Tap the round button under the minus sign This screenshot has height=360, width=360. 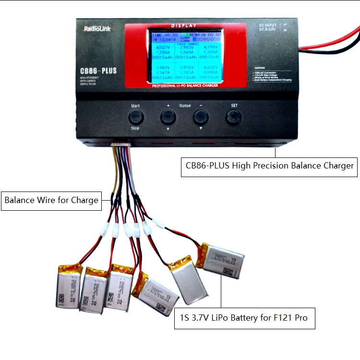coord(201,117)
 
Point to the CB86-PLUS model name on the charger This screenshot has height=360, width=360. coord(98,71)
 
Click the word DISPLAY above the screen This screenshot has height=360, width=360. coord(184,25)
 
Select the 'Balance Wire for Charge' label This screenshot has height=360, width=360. coord(51,200)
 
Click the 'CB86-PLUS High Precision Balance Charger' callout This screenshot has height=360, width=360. coord(270,166)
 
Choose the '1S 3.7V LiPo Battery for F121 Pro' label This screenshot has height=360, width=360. coord(244,318)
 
